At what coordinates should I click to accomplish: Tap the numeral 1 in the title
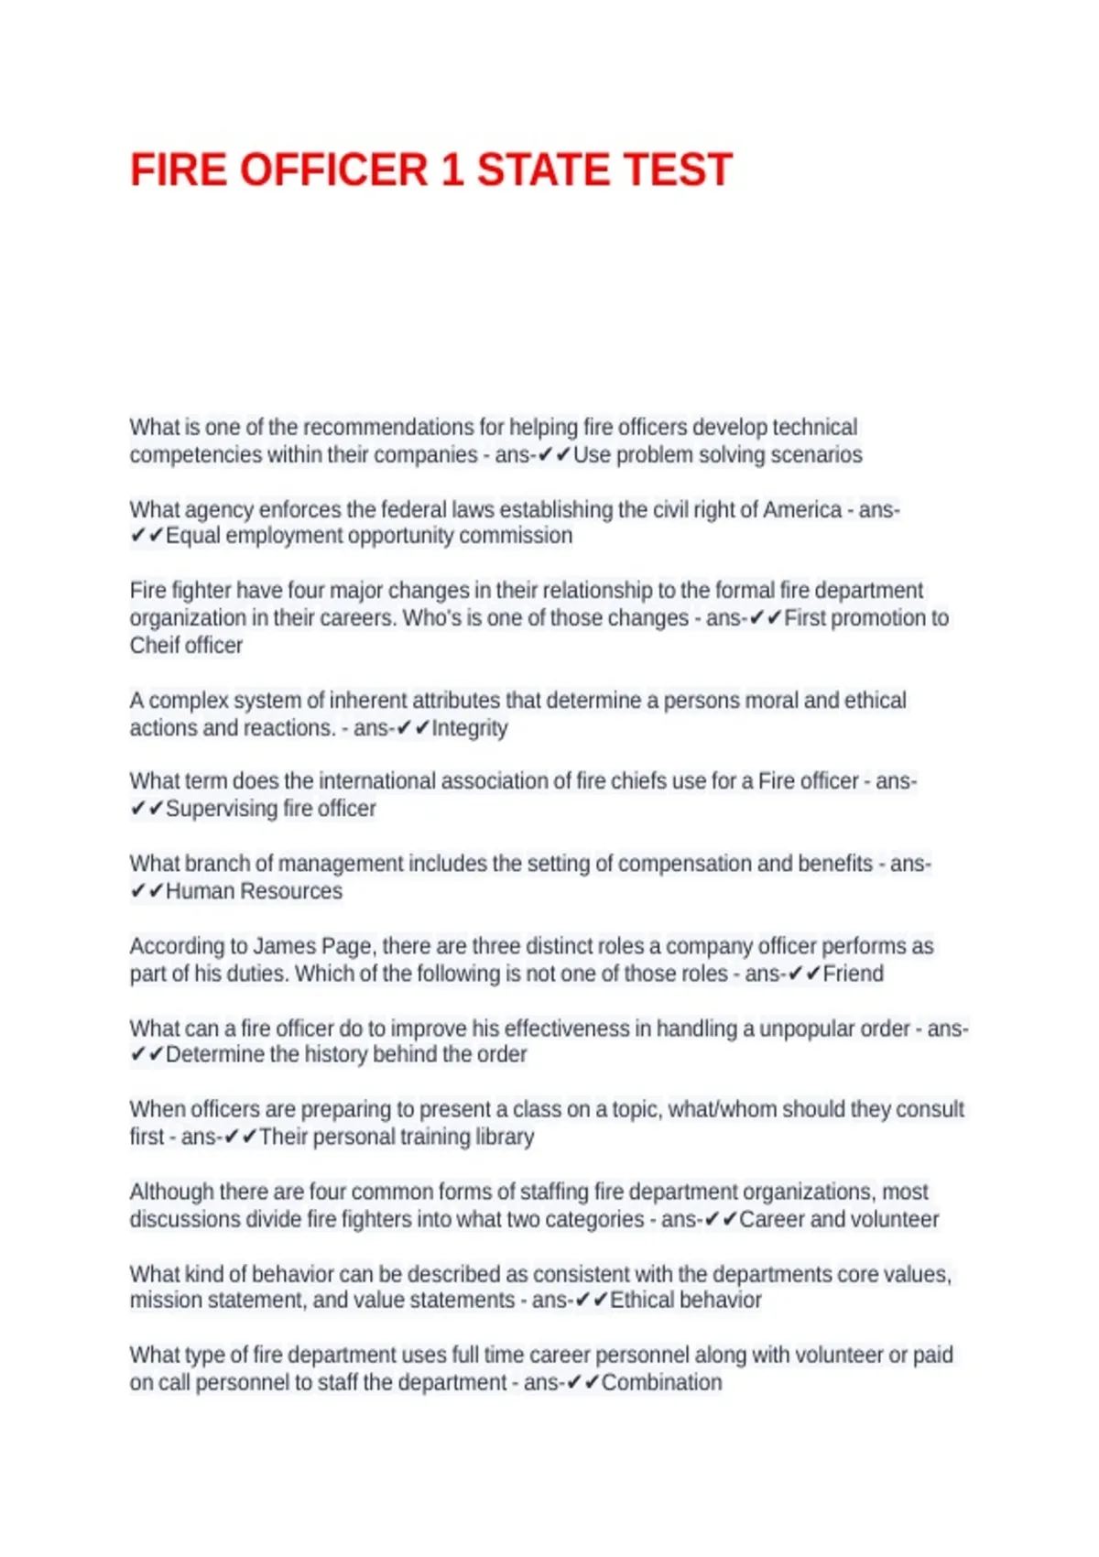(452, 170)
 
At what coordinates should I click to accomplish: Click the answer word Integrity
(469, 728)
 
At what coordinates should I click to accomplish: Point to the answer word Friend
(853, 974)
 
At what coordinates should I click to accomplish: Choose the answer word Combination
(661, 1382)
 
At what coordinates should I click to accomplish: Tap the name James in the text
(284, 946)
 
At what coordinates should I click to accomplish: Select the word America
(801, 509)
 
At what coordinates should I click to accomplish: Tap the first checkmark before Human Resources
(137, 891)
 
